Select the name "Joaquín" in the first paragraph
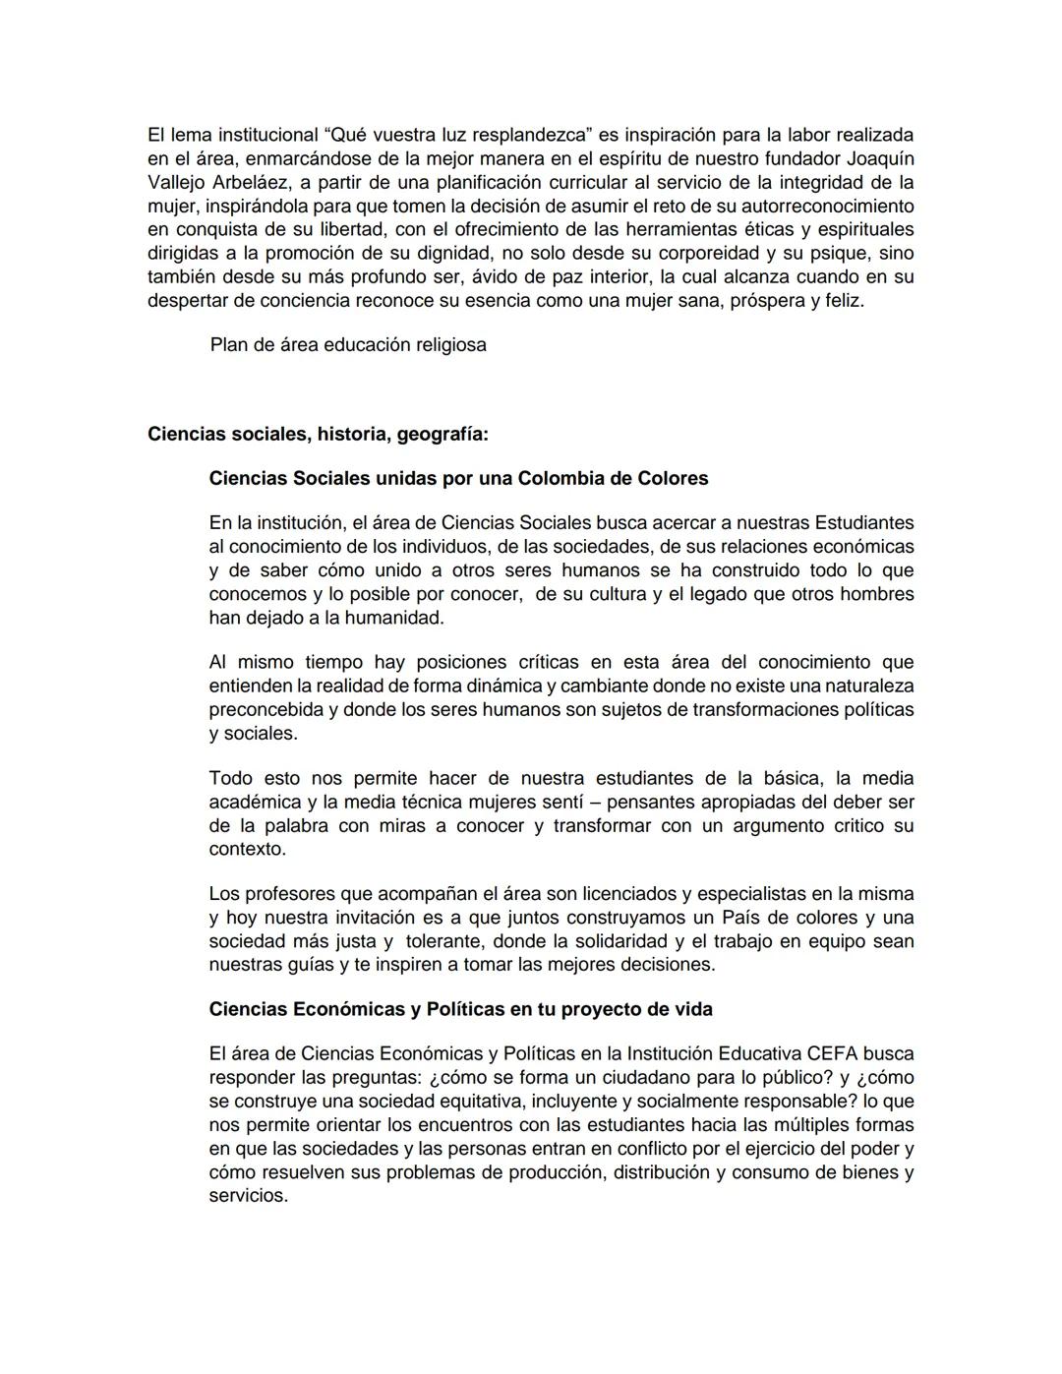click(879, 158)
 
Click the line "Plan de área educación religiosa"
click(348, 345)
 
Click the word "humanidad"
click(396, 618)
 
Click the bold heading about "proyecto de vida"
click(460, 1009)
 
